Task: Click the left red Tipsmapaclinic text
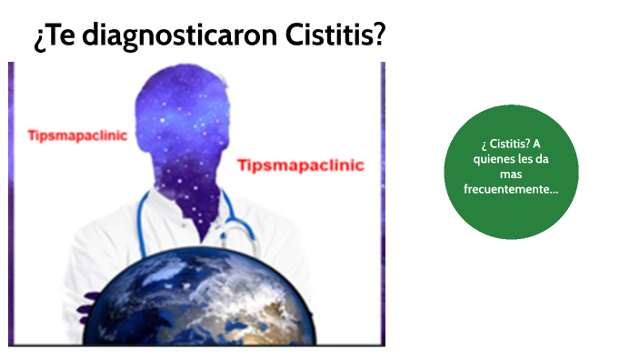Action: tap(77, 135)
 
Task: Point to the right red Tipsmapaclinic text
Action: tap(300, 165)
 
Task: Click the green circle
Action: tap(511, 171)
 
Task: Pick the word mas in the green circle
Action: tap(510, 174)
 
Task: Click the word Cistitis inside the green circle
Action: tap(504, 145)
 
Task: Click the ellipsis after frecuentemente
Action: tap(552, 188)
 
